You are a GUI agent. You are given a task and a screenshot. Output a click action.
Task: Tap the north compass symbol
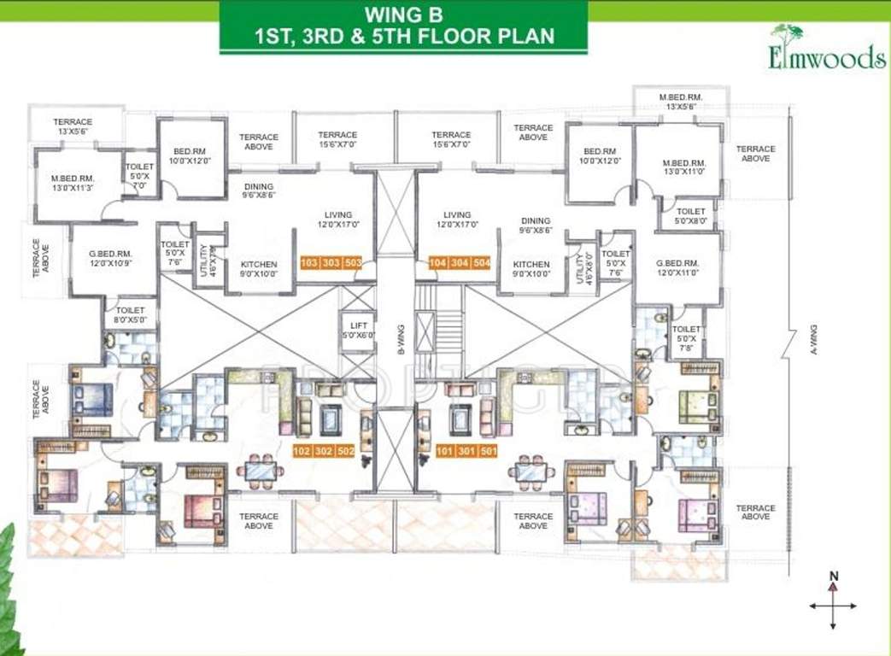coord(833,603)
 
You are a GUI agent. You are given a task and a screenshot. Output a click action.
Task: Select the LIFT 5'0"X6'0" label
coord(357,330)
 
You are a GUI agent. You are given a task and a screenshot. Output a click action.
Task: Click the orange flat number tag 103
coord(310,263)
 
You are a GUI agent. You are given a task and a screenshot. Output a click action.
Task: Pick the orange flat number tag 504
coord(482,263)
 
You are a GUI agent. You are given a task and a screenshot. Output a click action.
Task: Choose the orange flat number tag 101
coord(445,451)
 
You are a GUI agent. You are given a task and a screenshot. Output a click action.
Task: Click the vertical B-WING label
coord(399,339)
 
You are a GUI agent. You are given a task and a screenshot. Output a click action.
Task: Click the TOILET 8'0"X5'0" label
coord(131,315)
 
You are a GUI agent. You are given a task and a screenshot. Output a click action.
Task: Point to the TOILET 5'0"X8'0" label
coord(690,216)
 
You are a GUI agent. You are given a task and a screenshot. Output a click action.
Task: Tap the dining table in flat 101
coord(530,470)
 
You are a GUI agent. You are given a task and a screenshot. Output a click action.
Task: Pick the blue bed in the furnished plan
coord(93,399)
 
